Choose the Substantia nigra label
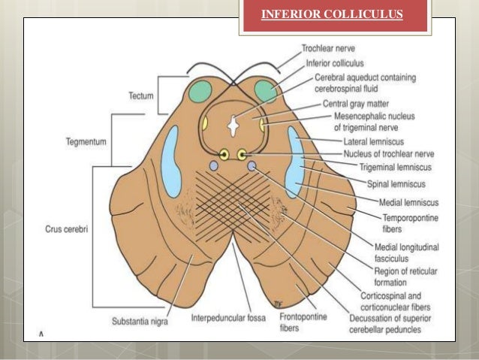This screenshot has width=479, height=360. [x=140, y=321]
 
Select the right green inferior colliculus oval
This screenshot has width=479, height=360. [x=266, y=92]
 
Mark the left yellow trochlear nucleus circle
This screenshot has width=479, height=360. [x=224, y=155]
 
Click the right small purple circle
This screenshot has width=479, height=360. [x=252, y=165]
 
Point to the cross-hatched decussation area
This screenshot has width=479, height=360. [x=233, y=198]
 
